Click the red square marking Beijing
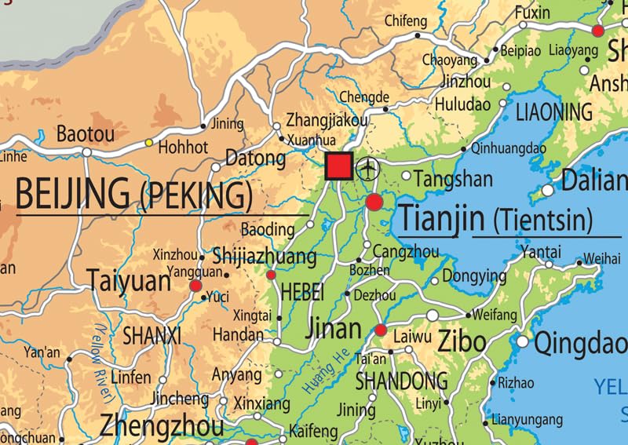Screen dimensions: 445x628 pos(339,166)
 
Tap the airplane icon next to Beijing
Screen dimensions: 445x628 pos(367,168)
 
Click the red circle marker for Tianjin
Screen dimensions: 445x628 pos(374,202)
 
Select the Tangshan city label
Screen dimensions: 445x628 pos(453,180)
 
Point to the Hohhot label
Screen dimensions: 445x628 pos(183,147)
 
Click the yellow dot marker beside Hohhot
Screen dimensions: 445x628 pos(148,142)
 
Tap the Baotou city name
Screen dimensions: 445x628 pos(85,134)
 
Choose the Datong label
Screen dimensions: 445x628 pos(255,159)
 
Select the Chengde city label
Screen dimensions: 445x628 pos(364,97)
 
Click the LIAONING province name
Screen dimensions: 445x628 pos(553,111)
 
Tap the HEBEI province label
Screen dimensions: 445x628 pos(301,292)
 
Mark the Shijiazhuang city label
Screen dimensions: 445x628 pos(265,257)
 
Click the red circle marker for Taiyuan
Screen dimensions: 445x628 pos(195,286)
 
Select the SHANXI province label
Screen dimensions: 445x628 pos(152,337)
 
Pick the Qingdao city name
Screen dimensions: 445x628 pos(581,343)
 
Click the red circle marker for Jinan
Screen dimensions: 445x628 pos(381,330)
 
